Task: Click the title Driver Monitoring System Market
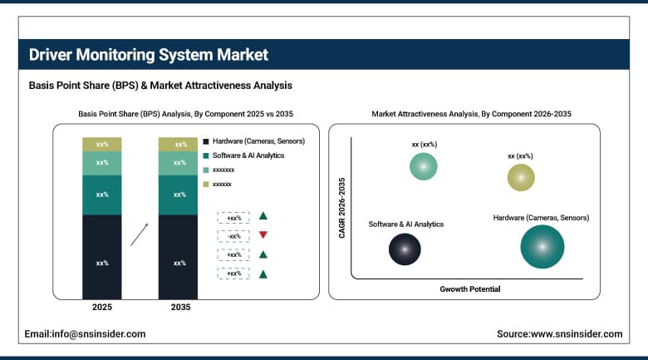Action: click(149, 56)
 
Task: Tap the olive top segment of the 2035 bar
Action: click(179, 145)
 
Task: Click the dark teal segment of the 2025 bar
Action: click(102, 195)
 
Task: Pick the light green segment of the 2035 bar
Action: click(179, 163)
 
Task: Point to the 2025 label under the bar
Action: click(102, 308)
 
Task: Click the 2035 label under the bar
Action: click(179, 308)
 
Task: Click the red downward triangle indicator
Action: click(263, 235)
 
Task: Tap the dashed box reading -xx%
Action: click(233, 235)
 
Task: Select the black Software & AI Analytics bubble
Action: click(405, 248)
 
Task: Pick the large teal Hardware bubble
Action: click(542, 246)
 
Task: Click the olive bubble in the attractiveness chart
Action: click(521, 176)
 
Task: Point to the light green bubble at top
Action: click(424, 166)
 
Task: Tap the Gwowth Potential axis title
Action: click(469, 288)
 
